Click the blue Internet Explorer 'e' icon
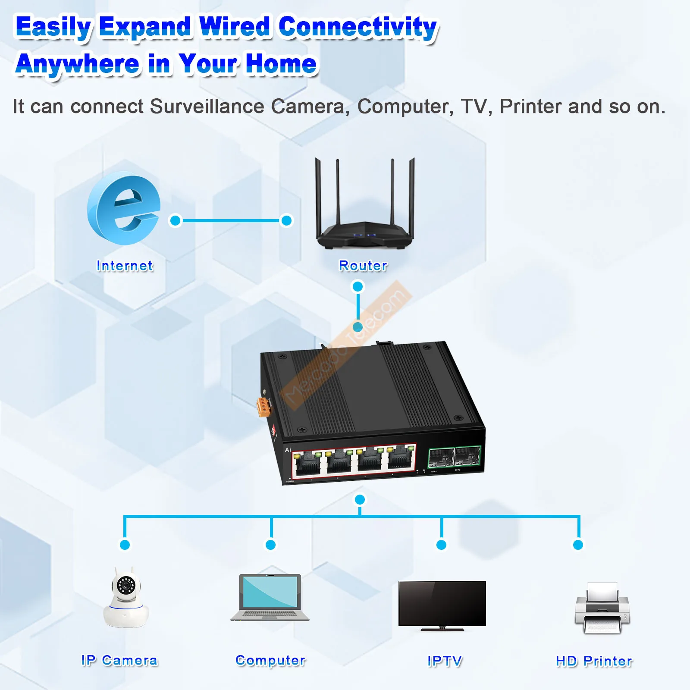pyautogui.click(x=123, y=209)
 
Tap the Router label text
pyautogui.click(x=363, y=266)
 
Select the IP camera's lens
pyautogui.click(x=125, y=585)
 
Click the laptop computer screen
pyautogui.click(x=270, y=591)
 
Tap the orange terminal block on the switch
pyautogui.click(x=263, y=407)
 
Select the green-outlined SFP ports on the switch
pyautogui.click(x=454, y=457)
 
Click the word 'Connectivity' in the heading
pyautogui.click(x=358, y=27)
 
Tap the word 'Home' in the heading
pyautogui.click(x=281, y=63)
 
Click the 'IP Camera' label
pyautogui.click(x=119, y=660)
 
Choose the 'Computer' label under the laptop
pyautogui.click(x=270, y=660)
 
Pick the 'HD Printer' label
pyautogui.click(x=594, y=661)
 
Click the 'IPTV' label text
pyautogui.click(x=445, y=661)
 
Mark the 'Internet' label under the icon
pyautogui.click(x=125, y=266)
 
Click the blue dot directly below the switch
pyautogui.click(x=360, y=499)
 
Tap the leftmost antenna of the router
pyautogui.click(x=318, y=194)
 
